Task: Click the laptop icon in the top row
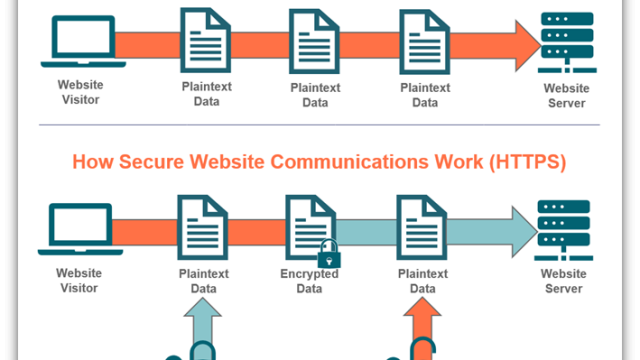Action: tap(83, 41)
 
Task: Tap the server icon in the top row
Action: tap(567, 42)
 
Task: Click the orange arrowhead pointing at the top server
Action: tap(528, 46)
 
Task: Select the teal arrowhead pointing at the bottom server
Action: tap(524, 232)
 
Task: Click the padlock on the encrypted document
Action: tap(329, 254)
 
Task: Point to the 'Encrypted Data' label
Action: tap(309, 281)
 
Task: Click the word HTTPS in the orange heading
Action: tap(527, 162)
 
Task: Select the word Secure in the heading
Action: tap(151, 162)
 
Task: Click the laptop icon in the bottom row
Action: tap(80, 229)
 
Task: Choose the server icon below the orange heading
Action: tap(564, 230)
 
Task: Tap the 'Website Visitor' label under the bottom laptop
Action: tap(79, 280)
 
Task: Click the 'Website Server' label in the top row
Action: tap(567, 96)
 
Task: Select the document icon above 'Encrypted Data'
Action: tap(311, 227)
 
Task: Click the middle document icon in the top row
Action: tap(314, 41)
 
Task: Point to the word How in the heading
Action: tap(93, 162)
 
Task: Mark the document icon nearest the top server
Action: tap(424, 42)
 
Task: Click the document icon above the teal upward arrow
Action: tap(203, 227)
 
